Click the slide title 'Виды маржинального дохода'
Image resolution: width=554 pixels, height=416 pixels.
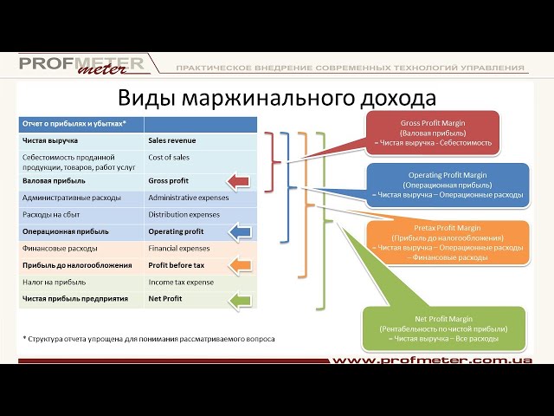coord(276,97)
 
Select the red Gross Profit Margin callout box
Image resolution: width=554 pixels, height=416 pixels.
coord(433,133)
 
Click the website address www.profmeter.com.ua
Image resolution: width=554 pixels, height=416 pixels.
coord(432,360)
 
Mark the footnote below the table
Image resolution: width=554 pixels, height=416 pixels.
coord(148,339)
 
